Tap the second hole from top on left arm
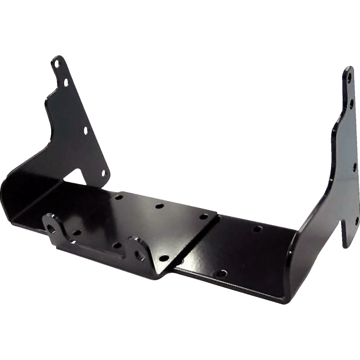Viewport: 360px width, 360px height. click(66, 83)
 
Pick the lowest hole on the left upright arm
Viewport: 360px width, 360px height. click(103, 172)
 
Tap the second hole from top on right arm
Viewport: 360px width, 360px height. click(351, 103)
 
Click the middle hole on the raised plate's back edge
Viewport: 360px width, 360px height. click(158, 207)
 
